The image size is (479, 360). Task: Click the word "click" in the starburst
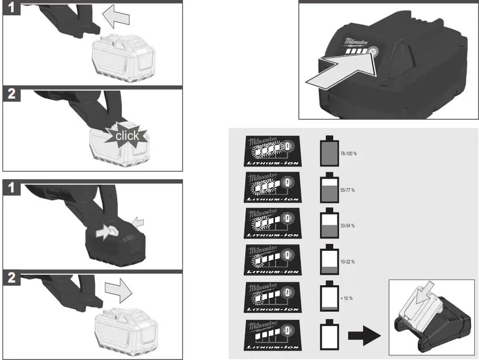(127, 135)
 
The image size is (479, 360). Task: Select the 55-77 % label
(347, 189)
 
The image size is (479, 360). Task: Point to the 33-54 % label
(347, 226)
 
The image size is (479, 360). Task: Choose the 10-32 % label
(347, 262)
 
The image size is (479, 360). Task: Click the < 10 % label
(347, 298)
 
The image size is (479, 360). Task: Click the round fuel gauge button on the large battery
(373, 52)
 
